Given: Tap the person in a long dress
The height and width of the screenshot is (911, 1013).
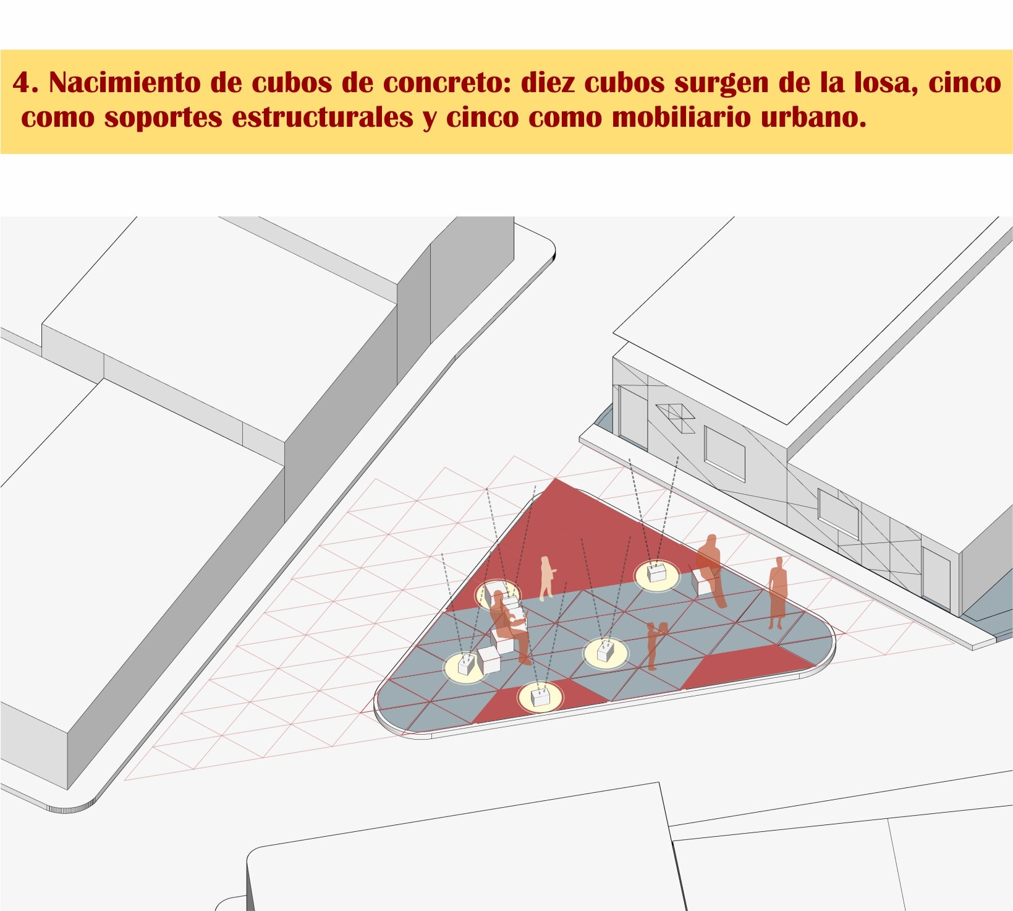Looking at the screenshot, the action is [x=778, y=592].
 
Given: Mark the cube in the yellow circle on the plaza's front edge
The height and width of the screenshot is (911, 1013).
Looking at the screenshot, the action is [x=540, y=697].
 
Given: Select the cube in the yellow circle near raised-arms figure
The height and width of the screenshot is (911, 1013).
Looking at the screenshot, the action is [x=605, y=651].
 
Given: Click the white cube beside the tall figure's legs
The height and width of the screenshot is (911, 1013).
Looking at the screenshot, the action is [x=703, y=582].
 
